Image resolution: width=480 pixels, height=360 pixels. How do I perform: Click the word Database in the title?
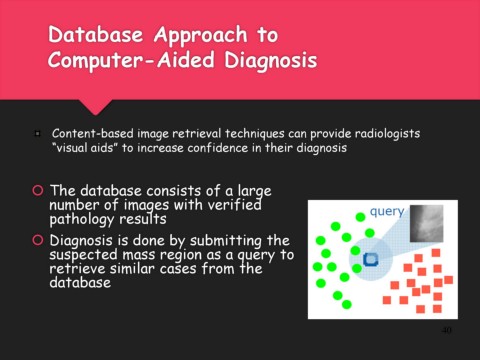95,34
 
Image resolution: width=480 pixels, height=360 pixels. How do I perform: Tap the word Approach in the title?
201,36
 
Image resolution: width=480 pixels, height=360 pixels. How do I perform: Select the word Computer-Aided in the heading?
131,60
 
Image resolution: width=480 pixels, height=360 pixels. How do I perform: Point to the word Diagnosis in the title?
270,61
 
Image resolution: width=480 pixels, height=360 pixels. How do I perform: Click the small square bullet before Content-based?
37,134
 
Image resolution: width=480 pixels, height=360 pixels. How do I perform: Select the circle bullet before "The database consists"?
38,190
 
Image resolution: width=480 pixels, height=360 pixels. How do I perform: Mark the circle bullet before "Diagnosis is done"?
38,240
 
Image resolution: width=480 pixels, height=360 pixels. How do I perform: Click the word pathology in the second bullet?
82,219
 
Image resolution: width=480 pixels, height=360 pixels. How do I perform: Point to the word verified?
235,204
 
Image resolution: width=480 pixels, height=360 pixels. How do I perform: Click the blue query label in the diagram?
387,212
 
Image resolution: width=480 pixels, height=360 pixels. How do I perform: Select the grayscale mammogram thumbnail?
427,223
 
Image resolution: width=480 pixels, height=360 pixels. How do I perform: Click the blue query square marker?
371,259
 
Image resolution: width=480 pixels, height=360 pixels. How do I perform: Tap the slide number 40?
446,330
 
